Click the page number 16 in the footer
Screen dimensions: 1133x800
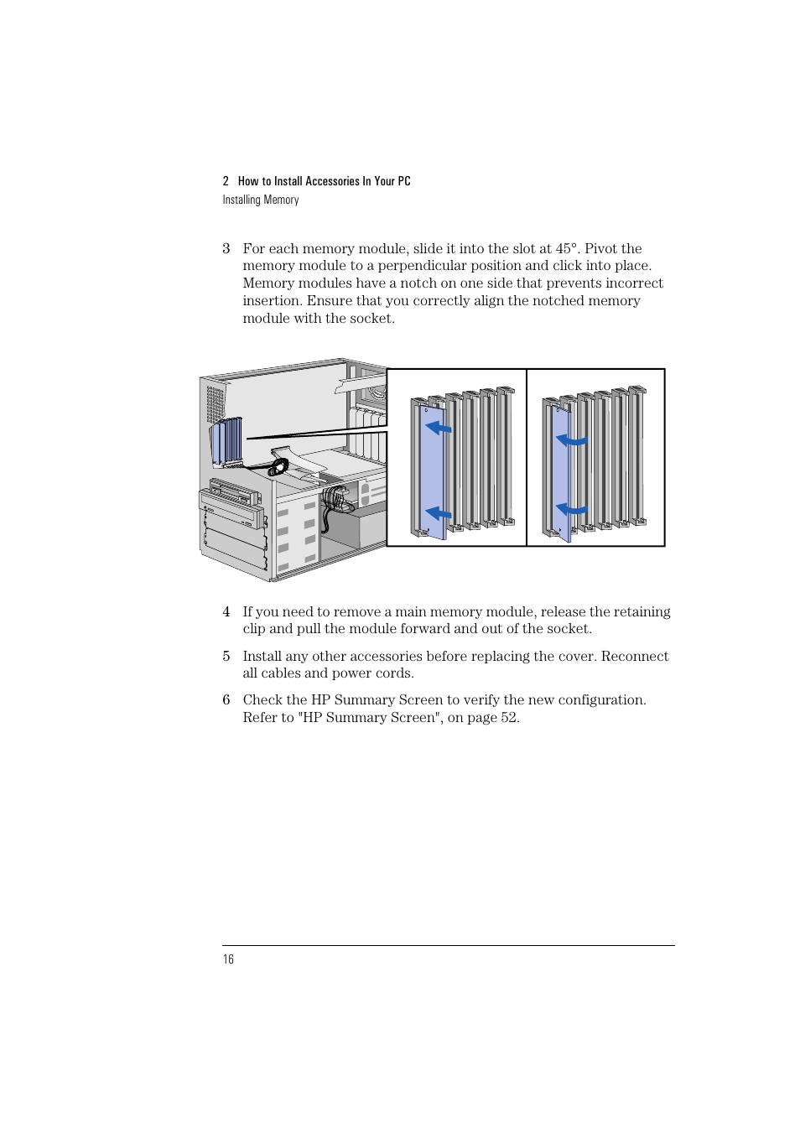tap(228, 959)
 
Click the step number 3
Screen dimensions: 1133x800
tap(226, 249)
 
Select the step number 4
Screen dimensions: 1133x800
tap(226, 612)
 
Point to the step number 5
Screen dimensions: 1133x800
tap(226, 657)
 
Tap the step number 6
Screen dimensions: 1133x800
tap(226, 700)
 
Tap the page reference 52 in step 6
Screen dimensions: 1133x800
tap(509, 718)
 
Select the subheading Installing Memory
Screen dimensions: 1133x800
tap(261, 200)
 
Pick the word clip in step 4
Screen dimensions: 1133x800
tap(255, 629)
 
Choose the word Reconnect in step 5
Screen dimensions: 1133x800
tap(635, 657)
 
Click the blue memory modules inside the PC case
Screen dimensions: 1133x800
tap(226, 441)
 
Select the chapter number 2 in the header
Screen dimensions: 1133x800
tap(226, 181)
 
